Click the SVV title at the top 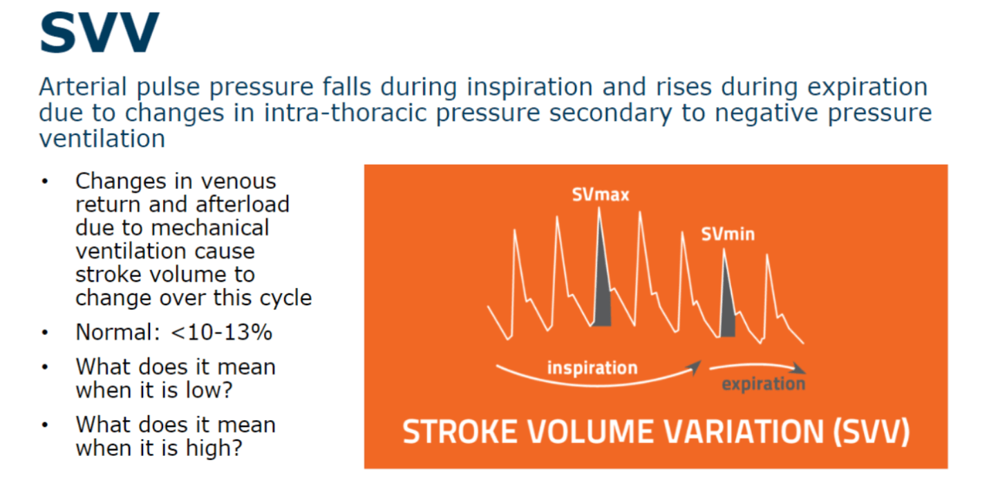click(x=100, y=33)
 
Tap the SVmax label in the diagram click(x=601, y=195)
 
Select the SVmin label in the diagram click(x=728, y=234)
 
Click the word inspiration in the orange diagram click(x=592, y=368)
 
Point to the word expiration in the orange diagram click(x=764, y=384)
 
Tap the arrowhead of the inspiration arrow click(x=695, y=367)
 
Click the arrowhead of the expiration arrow click(x=798, y=369)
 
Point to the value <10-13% click(x=221, y=332)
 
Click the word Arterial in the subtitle click(x=83, y=86)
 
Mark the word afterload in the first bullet click(x=243, y=205)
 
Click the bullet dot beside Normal click(x=45, y=332)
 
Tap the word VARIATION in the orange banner click(x=744, y=432)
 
